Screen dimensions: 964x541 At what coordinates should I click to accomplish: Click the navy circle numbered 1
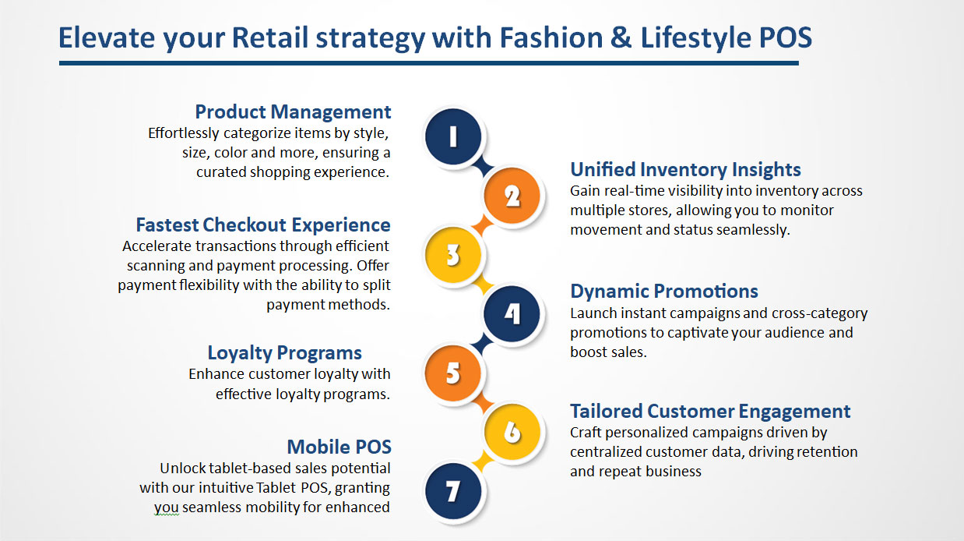click(452, 136)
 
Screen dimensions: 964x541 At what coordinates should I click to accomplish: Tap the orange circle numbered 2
click(512, 196)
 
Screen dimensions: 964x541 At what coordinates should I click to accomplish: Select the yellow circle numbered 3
click(452, 255)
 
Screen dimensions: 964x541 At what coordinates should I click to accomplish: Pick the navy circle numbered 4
click(512, 314)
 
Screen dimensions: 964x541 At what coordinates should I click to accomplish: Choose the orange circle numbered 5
click(452, 373)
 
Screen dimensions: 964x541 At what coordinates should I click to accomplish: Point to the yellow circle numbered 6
click(512, 432)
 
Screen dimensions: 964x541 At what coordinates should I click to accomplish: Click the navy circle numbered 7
click(452, 491)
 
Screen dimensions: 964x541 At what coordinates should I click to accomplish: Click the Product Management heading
click(293, 112)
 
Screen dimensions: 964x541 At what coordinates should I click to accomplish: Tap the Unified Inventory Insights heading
click(685, 169)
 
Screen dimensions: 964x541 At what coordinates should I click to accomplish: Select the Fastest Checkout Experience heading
click(263, 225)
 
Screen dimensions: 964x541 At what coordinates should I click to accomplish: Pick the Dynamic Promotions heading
click(664, 292)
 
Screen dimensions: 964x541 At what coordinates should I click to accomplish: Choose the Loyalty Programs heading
click(284, 353)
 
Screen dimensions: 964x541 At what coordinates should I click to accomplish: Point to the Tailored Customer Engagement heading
click(710, 412)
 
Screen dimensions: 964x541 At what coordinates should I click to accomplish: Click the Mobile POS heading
click(340, 447)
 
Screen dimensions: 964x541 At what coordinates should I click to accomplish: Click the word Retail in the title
click(270, 37)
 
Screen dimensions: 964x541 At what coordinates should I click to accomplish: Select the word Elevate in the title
click(107, 37)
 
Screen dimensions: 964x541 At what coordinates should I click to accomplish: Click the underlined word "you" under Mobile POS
click(166, 508)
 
